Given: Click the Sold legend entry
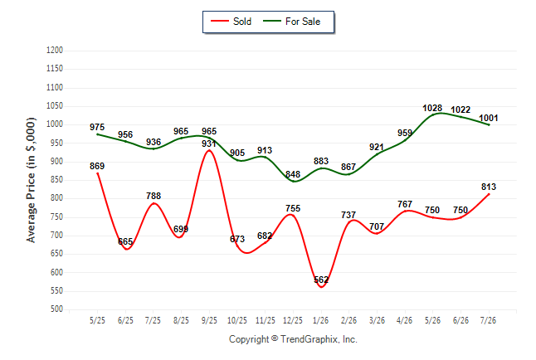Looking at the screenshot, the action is (x=231, y=22).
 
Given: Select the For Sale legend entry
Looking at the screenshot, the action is (x=291, y=22).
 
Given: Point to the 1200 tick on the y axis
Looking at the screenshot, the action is (x=55, y=51).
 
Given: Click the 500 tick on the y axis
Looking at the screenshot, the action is (x=56, y=309).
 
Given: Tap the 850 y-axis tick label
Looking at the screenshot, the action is (x=56, y=180).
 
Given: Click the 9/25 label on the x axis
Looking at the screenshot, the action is (x=209, y=320).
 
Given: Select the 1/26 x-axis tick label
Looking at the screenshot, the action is (x=320, y=320).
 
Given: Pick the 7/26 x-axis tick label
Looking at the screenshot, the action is (x=488, y=320).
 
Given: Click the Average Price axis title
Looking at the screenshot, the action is (x=31, y=180).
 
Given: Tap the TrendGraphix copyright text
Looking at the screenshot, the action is (x=293, y=339).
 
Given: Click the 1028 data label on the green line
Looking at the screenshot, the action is (x=432, y=108).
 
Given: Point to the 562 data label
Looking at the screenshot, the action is (x=321, y=280).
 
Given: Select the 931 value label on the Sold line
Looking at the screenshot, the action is (x=209, y=144).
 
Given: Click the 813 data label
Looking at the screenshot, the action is (x=489, y=187).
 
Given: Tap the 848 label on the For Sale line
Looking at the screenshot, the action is (x=293, y=174).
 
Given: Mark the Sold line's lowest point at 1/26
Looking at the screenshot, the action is (x=321, y=287).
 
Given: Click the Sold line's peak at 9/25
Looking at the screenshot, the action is (x=209, y=150).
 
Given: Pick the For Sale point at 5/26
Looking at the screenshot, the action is (x=433, y=114).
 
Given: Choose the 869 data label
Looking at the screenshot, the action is (x=97, y=166).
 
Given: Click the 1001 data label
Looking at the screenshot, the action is (x=489, y=119).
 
